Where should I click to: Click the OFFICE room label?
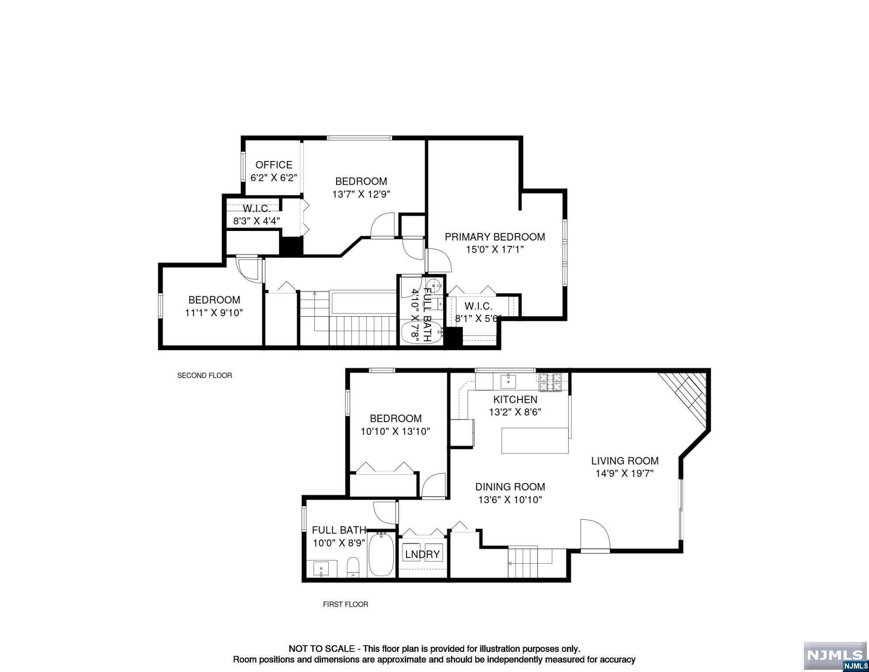click(x=274, y=165)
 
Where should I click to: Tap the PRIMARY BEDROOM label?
click(x=495, y=237)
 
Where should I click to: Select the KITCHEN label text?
click(x=515, y=399)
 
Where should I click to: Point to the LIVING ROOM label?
click(x=625, y=461)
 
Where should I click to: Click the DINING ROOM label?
click(x=510, y=487)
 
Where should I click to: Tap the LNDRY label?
click(x=422, y=555)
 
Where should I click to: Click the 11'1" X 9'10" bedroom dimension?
click(x=214, y=313)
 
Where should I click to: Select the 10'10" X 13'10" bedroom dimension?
click(x=395, y=431)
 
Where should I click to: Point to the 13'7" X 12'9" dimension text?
click(x=361, y=194)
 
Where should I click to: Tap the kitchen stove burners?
click(x=550, y=382)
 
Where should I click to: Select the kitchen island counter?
click(x=535, y=441)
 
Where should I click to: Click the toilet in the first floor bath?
click(x=353, y=567)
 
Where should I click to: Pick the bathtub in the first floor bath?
click(x=381, y=554)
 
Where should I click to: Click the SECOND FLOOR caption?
click(x=205, y=375)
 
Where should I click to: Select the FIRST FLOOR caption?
click(x=345, y=604)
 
